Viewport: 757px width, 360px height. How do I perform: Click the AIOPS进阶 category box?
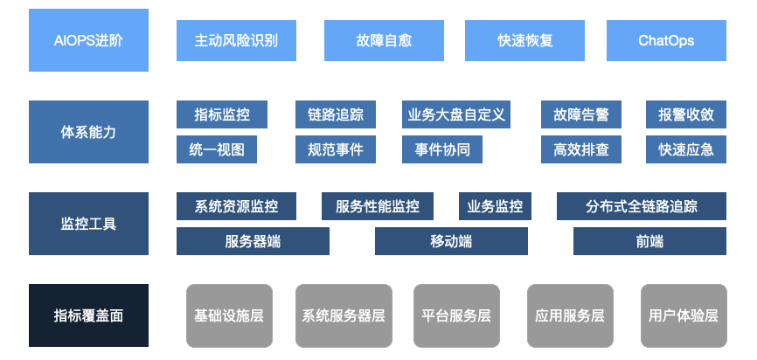tap(88, 40)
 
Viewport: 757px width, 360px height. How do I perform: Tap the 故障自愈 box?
tap(385, 40)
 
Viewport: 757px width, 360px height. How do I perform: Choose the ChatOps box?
tap(666, 40)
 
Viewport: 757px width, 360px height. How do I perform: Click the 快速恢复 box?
tap(525, 40)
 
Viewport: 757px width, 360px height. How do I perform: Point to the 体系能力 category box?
tap(88, 132)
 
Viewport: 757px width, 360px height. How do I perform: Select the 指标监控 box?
tap(222, 114)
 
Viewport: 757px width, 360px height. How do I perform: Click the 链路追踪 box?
tap(336, 114)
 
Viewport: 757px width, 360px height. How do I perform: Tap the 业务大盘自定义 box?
tap(456, 114)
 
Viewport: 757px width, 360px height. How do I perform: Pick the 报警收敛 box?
tap(686, 114)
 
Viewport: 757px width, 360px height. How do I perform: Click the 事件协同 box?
tap(442, 149)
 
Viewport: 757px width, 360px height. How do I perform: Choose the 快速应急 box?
tap(686, 149)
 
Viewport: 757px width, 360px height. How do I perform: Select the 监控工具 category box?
tap(88, 224)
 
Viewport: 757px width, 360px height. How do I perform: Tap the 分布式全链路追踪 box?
tap(642, 206)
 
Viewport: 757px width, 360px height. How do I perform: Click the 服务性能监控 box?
tap(378, 206)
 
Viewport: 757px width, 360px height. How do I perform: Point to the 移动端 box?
tap(451, 241)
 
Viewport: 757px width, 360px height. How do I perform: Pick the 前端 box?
tap(649, 241)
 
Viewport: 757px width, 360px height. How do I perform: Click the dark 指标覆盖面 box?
tap(88, 315)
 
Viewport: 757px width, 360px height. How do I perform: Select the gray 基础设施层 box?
tap(229, 315)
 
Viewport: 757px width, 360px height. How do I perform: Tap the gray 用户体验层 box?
tap(684, 315)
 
